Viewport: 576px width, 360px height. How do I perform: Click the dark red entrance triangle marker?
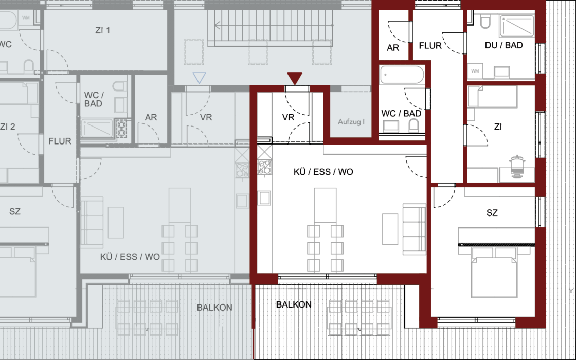[295, 78]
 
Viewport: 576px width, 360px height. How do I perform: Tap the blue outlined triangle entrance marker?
[199, 78]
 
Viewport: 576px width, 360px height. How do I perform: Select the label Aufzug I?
[351, 121]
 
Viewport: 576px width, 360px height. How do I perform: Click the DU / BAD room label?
[503, 45]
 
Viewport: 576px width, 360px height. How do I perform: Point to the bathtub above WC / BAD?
[402, 75]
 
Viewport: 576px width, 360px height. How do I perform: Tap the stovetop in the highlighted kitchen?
[264, 167]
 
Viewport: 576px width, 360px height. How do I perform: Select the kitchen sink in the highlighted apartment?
[264, 197]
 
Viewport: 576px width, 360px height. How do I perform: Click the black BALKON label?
[294, 304]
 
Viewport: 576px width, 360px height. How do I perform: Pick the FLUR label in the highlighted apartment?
[430, 46]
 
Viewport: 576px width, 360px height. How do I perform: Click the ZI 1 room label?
[102, 30]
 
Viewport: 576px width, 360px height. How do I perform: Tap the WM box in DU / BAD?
[475, 71]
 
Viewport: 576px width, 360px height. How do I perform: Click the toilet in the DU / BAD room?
[485, 22]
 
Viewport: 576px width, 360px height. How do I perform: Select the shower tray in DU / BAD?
[517, 25]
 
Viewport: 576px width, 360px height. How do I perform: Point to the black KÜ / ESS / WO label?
[323, 172]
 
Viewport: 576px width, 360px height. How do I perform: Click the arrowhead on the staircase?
[218, 25]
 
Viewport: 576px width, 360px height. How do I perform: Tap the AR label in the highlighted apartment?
[393, 48]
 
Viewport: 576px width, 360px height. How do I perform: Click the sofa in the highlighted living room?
[415, 229]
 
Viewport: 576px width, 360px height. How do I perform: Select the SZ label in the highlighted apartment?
[492, 213]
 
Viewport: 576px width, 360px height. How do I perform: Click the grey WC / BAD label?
[94, 99]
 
